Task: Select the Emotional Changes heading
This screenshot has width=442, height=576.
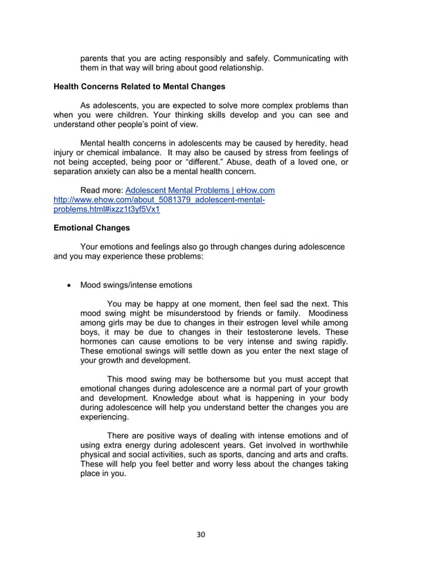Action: [x=92, y=227]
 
